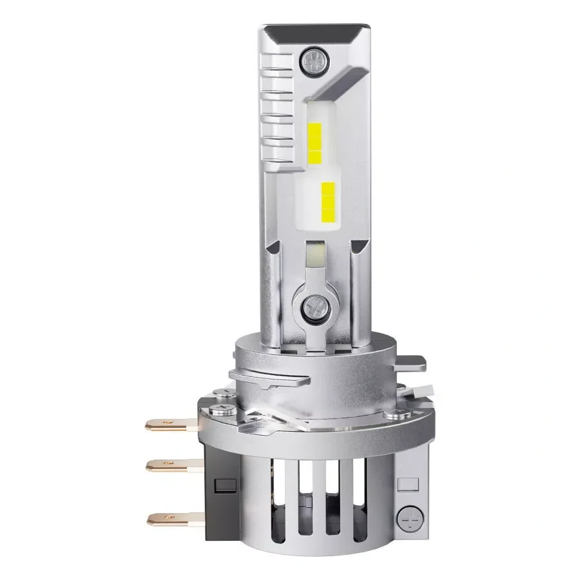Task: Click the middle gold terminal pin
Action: [x=168, y=463]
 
